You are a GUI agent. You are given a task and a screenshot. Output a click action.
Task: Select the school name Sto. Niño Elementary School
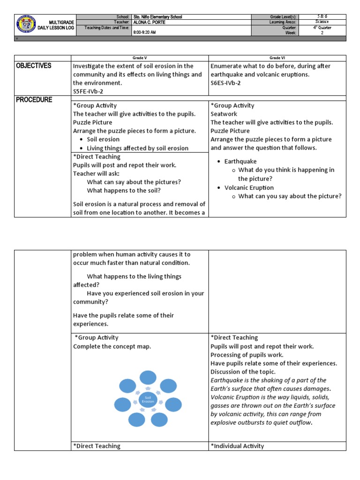157,17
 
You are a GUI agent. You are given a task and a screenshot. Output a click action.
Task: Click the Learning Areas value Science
322,22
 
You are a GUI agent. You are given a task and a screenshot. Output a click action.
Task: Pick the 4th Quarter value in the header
322,28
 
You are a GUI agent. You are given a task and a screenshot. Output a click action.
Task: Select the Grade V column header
139,58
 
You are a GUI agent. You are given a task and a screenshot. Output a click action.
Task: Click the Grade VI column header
277,58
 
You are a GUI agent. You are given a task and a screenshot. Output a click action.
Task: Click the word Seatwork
224,114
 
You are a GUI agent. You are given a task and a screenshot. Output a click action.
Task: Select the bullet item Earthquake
240,161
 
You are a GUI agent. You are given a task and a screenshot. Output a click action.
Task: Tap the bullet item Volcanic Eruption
249,187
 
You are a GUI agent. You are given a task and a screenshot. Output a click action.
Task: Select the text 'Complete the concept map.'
112,346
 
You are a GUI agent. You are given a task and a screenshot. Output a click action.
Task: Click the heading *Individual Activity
237,446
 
